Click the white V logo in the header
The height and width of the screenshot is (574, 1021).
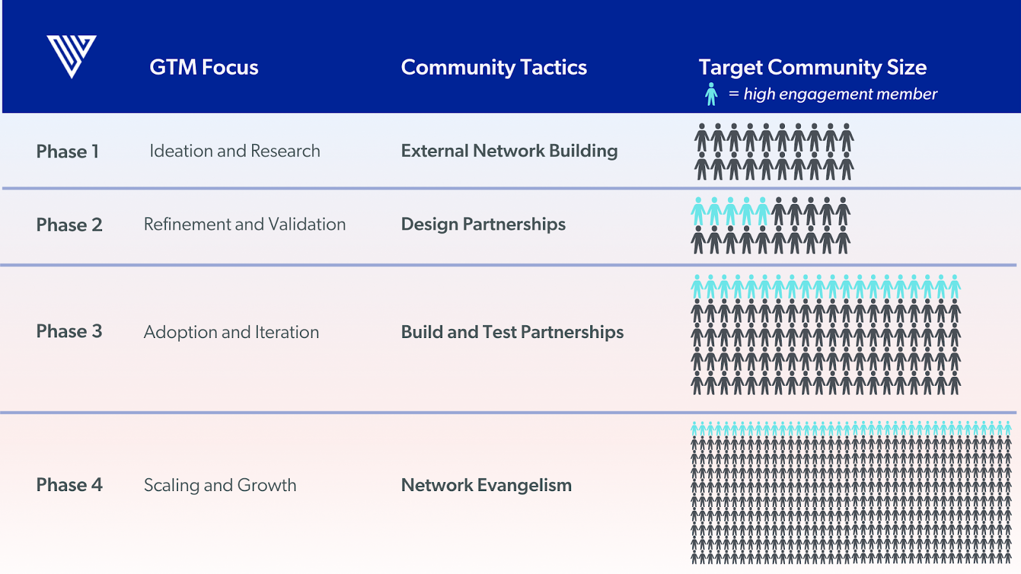(x=71, y=56)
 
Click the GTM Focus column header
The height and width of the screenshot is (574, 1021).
(x=204, y=68)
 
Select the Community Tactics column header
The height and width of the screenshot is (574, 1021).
(x=493, y=68)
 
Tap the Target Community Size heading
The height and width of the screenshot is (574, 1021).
(x=812, y=68)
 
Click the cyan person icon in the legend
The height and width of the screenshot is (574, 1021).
(x=711, y=94)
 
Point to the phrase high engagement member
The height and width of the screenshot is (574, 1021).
(x=840, y=94)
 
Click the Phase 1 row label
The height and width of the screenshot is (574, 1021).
(x=68, y=152)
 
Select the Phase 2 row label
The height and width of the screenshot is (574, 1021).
(x=69, y=225)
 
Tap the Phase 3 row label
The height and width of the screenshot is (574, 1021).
(x=69, y=332)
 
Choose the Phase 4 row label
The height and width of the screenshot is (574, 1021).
(x=69, y=485)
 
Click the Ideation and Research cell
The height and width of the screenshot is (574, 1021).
(x=235, y=151)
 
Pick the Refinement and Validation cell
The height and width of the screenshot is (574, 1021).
(x=244, y=224)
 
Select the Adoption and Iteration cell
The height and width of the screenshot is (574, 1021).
(x=231, y=332)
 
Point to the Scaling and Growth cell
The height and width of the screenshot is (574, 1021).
(x=220, y=485)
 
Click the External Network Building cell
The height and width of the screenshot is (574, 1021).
(x=509, y=151)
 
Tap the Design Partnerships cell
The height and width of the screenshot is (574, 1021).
(x=483, y=224)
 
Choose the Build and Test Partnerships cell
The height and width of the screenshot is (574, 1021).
(x=512, y=332)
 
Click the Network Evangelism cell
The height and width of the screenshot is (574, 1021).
(x=486, y=485)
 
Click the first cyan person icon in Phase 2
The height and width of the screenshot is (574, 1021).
(x=699, y=212)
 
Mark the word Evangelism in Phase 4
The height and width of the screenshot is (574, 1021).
(x=524, y=485)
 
